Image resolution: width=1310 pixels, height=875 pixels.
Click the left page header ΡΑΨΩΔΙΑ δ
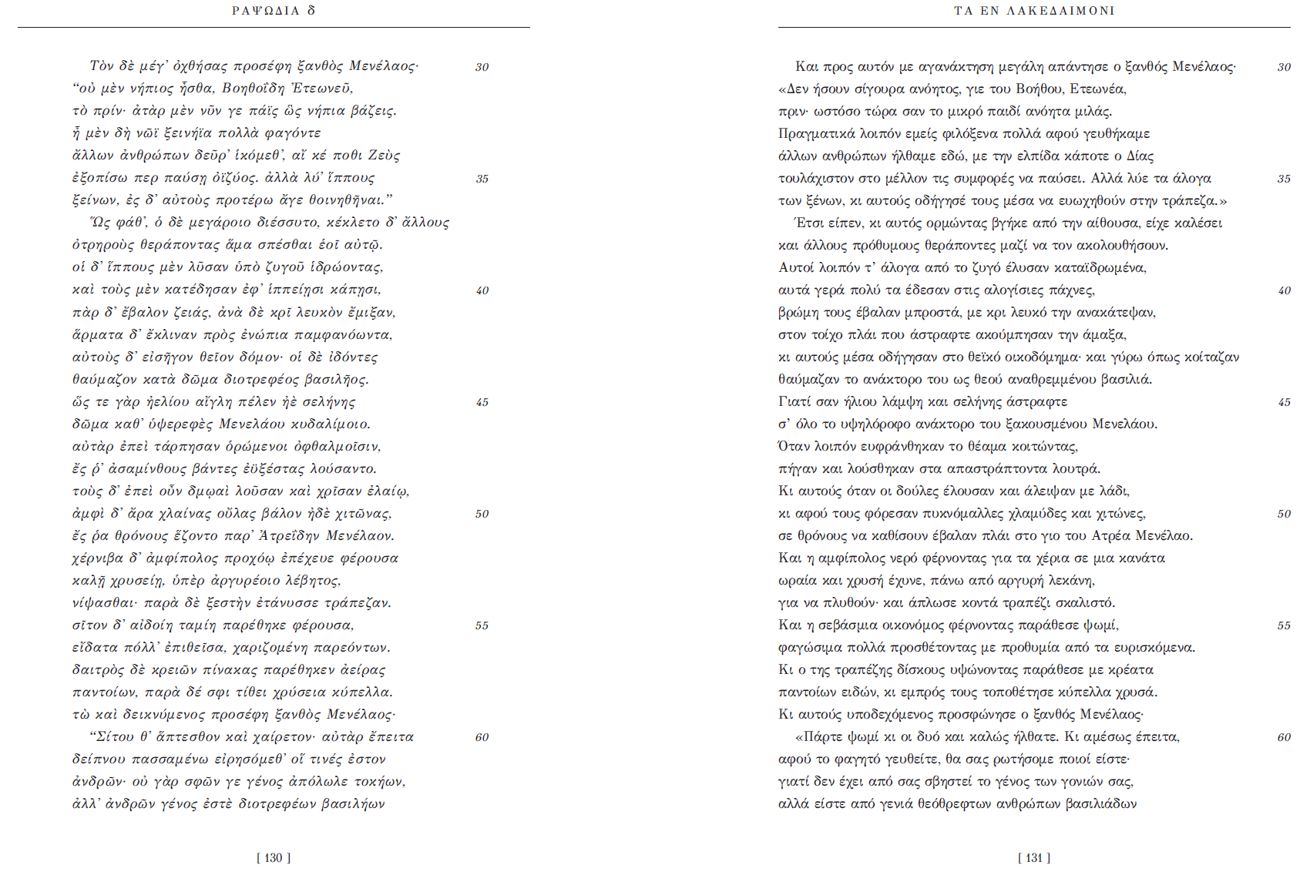tap(274, 11)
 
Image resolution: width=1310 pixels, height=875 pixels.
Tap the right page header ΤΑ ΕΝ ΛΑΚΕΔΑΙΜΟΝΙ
tap(1034, 11)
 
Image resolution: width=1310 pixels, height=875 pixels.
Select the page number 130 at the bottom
tap(274, 857)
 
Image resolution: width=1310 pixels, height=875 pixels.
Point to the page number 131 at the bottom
tap(1034, 857)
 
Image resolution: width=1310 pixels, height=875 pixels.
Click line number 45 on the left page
tap(482, 402)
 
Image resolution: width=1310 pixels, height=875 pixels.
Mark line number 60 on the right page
tap(1284, 737)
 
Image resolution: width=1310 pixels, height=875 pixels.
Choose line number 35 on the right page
tap(1284, 179)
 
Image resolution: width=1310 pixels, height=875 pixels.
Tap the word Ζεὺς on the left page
tap(384, 156)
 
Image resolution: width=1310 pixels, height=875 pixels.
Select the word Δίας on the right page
tap(1139, 156)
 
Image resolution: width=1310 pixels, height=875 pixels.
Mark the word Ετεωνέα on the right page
tap(1098, 89)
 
